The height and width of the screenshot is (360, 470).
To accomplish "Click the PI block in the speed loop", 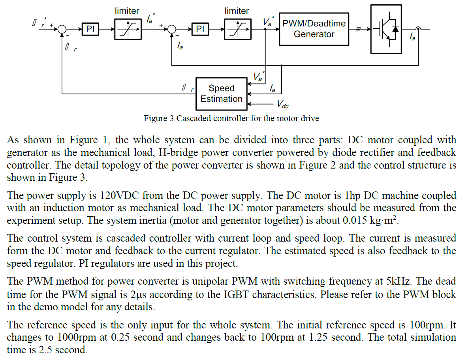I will (90, 29).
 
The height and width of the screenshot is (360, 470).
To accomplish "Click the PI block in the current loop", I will (200, 29).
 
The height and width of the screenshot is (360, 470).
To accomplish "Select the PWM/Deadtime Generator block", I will (314, 29).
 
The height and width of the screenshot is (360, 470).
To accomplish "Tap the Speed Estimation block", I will (221, 94).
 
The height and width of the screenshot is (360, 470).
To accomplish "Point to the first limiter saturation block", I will (128, 29).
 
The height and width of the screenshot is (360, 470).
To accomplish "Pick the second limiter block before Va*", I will (237, 29).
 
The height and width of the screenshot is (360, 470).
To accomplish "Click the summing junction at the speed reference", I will (62, 29).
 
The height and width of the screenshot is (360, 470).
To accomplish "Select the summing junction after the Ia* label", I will (172, 29).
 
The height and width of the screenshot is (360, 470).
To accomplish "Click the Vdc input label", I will (282, 105).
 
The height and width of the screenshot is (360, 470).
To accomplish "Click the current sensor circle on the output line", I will (418, 28).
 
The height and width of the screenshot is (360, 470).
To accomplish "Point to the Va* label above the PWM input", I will (268, 22).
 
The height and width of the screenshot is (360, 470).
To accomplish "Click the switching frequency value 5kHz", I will (401, 281).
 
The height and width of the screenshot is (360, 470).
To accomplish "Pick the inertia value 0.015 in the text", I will (357, 221).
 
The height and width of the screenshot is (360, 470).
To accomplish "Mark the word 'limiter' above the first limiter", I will (127, 11).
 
